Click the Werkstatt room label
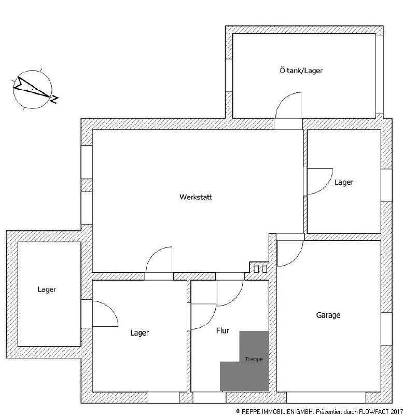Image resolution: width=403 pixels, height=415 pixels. pyautogui.click(x=196, y=197)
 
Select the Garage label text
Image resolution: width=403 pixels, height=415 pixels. pyautogui.click(x=328, y=315)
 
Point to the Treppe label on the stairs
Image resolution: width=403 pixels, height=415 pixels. pyautogui.click(x=254, y=359)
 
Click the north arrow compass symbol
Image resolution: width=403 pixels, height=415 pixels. pyautogui.click(x=32, y=89)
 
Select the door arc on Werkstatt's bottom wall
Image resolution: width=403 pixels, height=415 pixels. pyautogui.click(x=158, y=259)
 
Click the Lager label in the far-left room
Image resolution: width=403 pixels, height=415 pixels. pyautogui.click(x=47, y=289)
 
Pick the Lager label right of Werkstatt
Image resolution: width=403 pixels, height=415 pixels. pyautogui.click(x=343, y=183)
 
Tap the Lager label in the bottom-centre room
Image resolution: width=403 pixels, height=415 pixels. pyautogui.click(x=140, y=333)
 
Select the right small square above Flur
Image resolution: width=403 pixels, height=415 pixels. pyautogui.click(x=265, y=269)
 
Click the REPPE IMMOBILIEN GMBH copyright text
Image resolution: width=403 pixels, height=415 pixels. pyautogui.click(x=274, y=410)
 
